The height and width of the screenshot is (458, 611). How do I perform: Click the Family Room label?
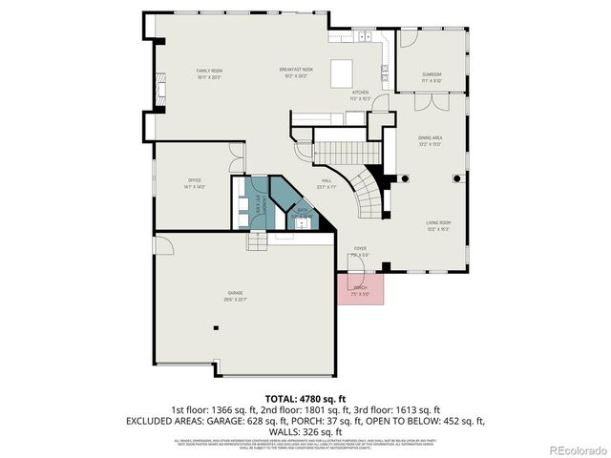[x=209, y=73]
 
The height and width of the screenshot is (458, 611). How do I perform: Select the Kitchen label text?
[x=360, y=95]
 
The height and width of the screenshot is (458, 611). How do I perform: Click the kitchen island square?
[x=341, y=73]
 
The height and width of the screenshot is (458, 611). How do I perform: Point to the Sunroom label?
[x=432, y=75]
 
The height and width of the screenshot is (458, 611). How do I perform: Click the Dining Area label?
[x=430, y=140]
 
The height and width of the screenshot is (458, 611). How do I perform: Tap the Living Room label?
[x=438, y=225]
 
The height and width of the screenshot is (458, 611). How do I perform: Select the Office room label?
[x=194, y=183]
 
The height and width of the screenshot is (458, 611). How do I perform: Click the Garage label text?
[x=235, y=295]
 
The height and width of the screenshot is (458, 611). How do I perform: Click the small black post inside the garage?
[x=217, y=327]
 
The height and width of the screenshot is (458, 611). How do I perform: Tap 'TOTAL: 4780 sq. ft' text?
[x=305, y=397]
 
